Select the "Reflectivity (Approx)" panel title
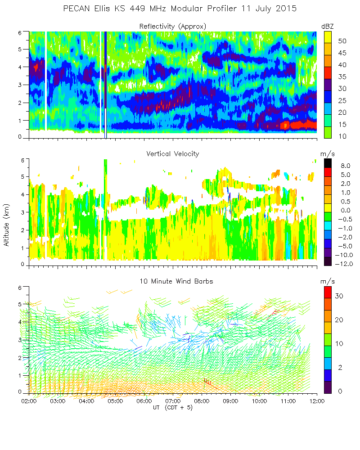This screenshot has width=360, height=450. tap(172, 27)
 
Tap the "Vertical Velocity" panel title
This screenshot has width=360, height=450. tap(172, 154)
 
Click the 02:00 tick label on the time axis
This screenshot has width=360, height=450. tap(29, 401)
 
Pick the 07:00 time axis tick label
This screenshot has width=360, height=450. tap(173, 401)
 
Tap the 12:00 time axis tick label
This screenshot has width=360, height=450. tap(317, 401)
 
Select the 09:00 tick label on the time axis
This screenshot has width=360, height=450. tap(230, 401)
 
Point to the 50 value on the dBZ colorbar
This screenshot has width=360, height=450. tap(342, 41)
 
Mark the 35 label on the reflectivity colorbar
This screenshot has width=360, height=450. tap(342, 76)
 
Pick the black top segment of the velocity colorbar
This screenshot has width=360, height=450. tap(328, 163)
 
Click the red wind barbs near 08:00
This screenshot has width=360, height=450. tap(207, 382)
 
